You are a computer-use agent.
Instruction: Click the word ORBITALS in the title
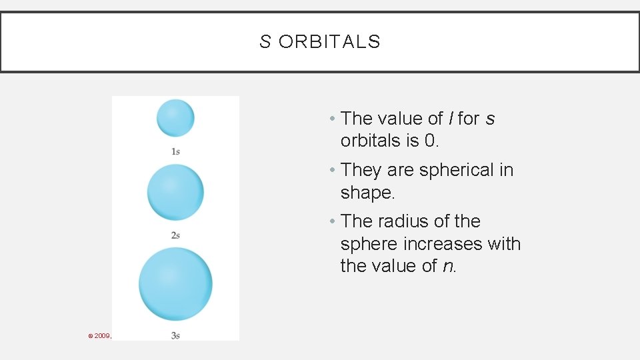(329, 42)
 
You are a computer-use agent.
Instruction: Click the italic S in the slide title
(265, 42)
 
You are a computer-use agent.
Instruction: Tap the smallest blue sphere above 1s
(175, 118)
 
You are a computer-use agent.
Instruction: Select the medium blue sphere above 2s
(175, 192)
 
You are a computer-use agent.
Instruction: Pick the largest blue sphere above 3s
(175, 283)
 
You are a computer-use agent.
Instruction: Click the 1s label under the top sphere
(175, 152)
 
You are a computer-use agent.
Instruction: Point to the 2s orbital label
(175, 235)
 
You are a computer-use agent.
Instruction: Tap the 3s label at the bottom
(175, 335)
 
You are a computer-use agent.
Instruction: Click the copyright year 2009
(101, 335)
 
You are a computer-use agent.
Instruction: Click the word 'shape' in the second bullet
(365, 193)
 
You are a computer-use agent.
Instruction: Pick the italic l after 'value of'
(451, 119)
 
